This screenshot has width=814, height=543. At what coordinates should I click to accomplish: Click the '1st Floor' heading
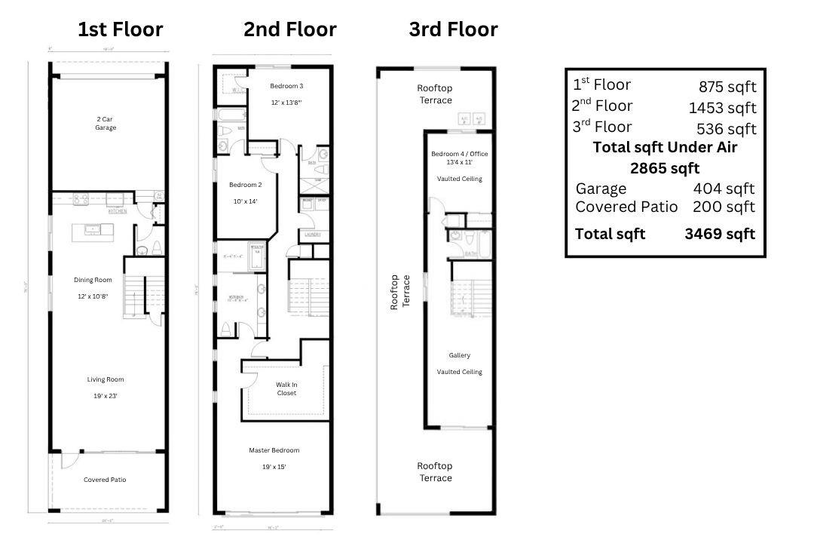pyautogui.click(x=120, y=29)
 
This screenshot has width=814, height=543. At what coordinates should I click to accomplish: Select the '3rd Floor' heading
pyautogui.click(x=453, y=29)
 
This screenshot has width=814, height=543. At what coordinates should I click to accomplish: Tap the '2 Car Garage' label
pyautogui.click(x=106, y=123)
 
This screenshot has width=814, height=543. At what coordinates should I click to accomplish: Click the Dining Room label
pyautogui.click(x=93, y=280)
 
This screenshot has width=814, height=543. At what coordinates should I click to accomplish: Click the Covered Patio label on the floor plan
pyautogui.click(x=105, y=480)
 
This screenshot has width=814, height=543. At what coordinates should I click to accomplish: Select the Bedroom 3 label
pyautogui.click(x=286, y=86)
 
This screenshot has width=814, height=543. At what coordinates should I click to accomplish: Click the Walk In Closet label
pyautogui.click(x=286, y=388)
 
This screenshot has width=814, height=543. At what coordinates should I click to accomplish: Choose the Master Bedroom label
pyautogui.click(x=274, y=450)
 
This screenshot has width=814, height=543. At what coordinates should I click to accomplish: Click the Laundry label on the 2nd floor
pyautogui.click(x=313, y=235)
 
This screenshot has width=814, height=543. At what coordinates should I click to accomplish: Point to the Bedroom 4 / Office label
pyautogui.click(x=459, y=154)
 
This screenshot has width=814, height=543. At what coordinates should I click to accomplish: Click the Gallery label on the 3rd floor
pyautogui.click(x=459, y=355)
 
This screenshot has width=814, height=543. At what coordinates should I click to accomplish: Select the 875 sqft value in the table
pyautogui.click(x=727, y=87)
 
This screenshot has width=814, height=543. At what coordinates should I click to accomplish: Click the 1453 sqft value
pyautogui.click(x=722, y=108)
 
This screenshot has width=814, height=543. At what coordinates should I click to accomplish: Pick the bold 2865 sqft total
pyautogui.click(x=664, y=167)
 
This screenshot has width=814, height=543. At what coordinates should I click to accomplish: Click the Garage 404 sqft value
pyautogui.click(x=724, y=189)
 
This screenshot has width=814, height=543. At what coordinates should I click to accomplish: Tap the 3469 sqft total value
pyautogui.click(x=719, y=234)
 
